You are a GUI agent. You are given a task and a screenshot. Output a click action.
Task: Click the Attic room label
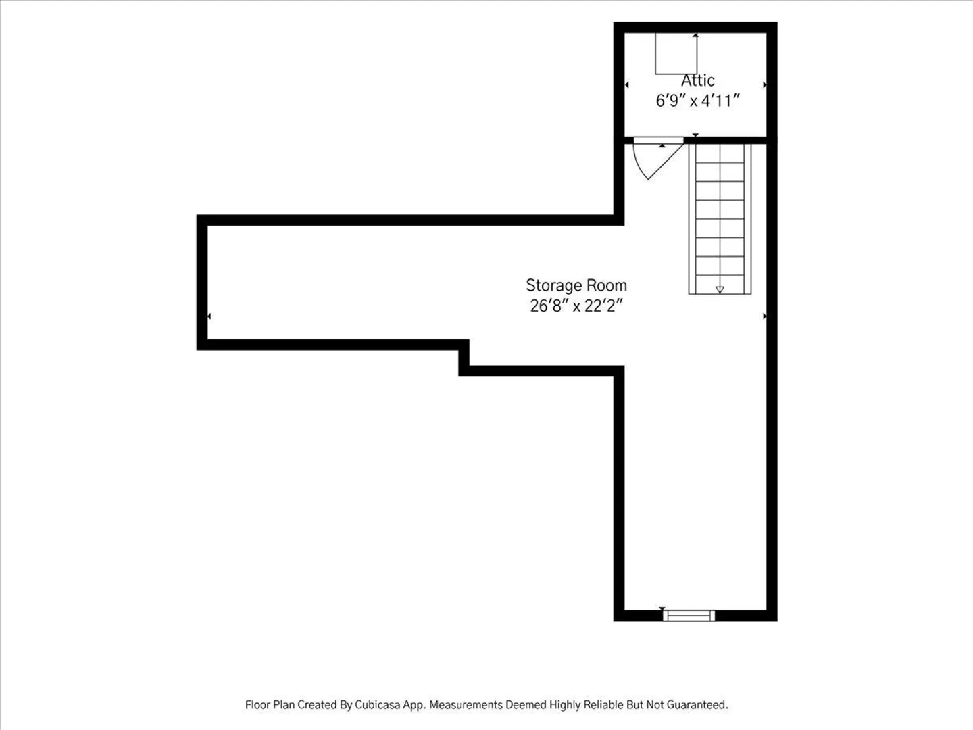pos(698,80)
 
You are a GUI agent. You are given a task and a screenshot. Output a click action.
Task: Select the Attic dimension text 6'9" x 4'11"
pos(698,101)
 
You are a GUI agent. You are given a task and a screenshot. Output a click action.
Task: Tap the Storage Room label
pos(576,285)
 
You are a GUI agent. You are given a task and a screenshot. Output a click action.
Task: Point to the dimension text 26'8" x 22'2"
pos(576,306)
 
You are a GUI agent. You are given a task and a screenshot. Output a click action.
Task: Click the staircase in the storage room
pos(720,219)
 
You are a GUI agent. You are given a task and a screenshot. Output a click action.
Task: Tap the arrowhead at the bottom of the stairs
pos(720,290)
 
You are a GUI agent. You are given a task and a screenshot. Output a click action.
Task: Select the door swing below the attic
pos(658,158)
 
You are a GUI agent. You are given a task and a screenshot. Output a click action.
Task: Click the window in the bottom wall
pos(689,616)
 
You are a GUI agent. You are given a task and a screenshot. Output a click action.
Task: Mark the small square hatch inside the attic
pos(676,53)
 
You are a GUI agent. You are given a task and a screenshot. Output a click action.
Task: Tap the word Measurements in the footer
pos(466,705)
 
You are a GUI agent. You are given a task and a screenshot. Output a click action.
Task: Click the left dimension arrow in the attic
pos(627,84)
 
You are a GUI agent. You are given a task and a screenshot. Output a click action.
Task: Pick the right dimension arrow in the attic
pos(765,84)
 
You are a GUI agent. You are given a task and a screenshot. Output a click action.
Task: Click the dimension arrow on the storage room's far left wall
pos(209,316)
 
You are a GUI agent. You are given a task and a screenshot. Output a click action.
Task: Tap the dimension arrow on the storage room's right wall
pos(765,316)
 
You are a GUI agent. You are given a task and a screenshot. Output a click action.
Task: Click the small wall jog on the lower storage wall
pos(464,358)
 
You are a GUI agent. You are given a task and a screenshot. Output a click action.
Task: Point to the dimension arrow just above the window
pos(662,608)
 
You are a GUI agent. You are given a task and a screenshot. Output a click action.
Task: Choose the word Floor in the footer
pos(256,705)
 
